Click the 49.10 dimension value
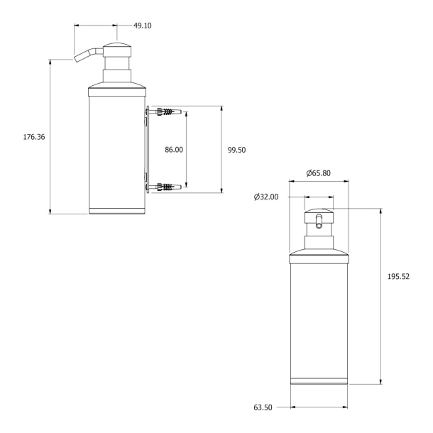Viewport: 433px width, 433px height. coord(143,26)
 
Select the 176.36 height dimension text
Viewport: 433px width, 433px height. coord(35,136)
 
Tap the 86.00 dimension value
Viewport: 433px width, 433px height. coord(173,150)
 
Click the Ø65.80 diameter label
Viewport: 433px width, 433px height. coord(317,173)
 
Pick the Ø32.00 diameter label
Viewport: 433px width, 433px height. coord(265,197)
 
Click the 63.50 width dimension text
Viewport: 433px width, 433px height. coord(264,407)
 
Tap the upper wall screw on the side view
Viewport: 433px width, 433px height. coord(165,111)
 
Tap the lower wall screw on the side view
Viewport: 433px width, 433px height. coord(165,187)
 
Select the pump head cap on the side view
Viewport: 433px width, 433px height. coord(118,52)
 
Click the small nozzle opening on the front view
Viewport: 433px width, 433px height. coord(319,226)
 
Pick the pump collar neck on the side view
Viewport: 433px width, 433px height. coord(118,77)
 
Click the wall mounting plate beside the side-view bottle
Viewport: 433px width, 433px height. coord(147,149)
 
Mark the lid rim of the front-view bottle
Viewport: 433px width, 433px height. coord(319,258)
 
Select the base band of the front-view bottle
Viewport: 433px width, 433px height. coord(319,381)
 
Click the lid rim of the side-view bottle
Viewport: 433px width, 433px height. coord(118,92)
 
